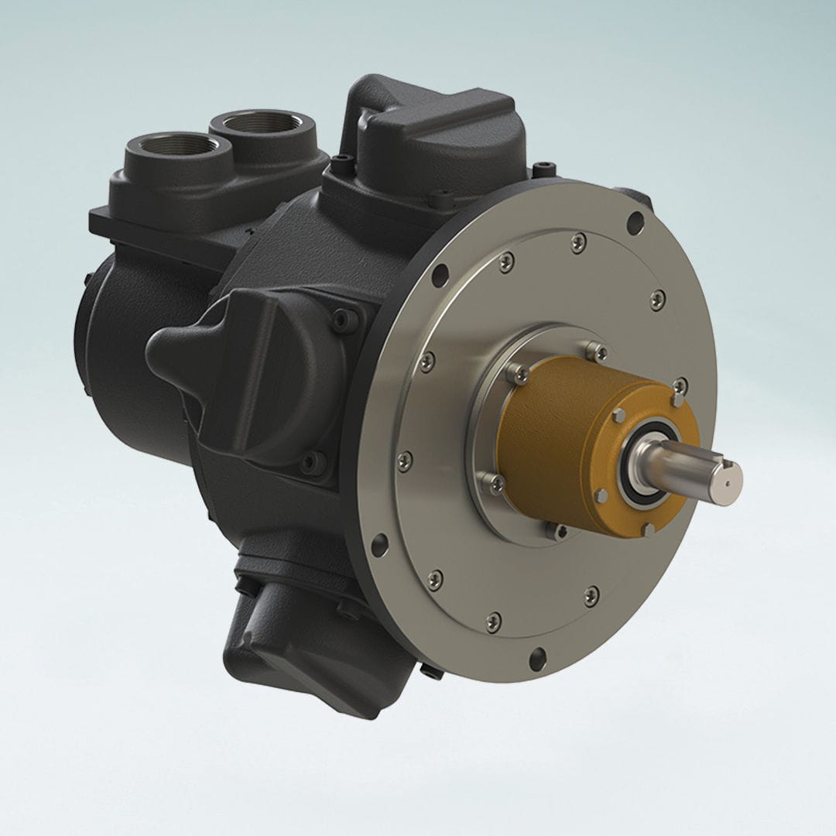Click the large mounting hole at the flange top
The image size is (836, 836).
(636, 224)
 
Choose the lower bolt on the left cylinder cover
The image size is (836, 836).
(313, 462)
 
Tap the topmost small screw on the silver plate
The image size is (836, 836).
(579, 242)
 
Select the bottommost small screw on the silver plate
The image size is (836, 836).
(493, 622)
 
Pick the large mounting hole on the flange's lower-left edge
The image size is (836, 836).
(379, 544)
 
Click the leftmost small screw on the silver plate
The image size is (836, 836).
(404, 461)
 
